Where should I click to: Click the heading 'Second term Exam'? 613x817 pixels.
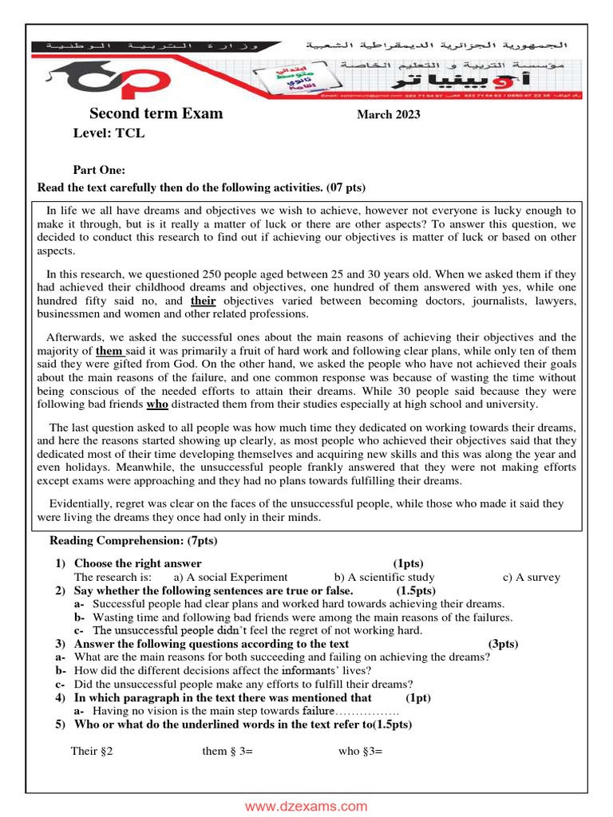(x=156, y=113)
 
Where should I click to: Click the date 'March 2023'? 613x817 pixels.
(x=388, y=115)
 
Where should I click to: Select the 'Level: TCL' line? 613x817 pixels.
(x=109, y=133)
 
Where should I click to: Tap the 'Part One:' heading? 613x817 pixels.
(x=99, y=170)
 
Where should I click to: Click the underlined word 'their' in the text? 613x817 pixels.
(x=204, y=302)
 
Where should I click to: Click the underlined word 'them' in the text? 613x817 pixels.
(x=109, y=351)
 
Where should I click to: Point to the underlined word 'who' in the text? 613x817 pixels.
(x=157, y=404)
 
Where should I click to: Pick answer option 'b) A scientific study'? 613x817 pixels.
(x=385, y=577)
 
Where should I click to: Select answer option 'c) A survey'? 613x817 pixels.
(x=531, y=577)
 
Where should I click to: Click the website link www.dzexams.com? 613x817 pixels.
(x=306, y=807)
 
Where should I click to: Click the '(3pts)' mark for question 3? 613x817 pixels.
(x=503, y=644)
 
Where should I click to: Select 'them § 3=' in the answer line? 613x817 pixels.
(x=227, y=751)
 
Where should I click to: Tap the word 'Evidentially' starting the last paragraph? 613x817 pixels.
(x=80, y=503)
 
